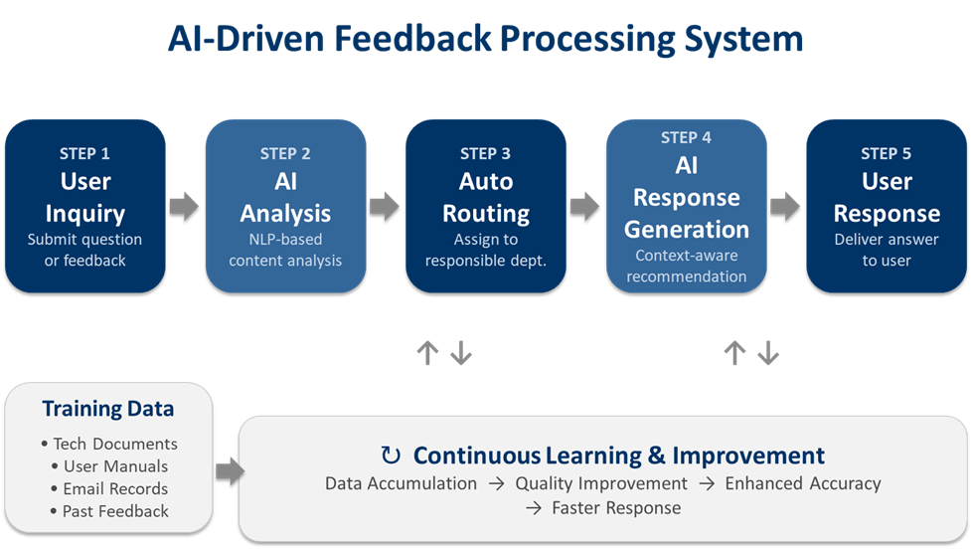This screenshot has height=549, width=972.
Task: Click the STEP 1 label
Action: pos(84,153)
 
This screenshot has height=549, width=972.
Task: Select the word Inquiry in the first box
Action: pos(84,213)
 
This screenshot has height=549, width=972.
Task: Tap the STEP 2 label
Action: pos(285,153)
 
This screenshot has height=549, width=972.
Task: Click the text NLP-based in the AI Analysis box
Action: pos(285,240)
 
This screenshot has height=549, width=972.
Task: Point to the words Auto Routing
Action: pos(486,197)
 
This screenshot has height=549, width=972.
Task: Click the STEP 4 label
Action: pos(686,137)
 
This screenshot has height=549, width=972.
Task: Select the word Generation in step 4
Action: pos(686,229)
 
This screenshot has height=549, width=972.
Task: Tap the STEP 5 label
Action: pos(887,153)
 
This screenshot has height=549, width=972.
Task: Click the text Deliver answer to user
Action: pos(887,250)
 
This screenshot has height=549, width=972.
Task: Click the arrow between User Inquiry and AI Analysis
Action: pos(184,206)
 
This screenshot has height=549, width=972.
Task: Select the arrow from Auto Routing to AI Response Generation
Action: pos(584,206)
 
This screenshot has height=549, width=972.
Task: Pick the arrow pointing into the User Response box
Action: pos(785,206)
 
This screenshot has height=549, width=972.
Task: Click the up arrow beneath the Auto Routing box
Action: pos(427,353)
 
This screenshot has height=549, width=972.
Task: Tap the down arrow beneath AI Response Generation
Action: pos(767,353)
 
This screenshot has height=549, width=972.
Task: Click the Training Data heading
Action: pos(108,409)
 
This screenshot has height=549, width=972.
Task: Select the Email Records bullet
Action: pos(108,488)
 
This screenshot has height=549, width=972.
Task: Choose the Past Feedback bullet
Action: pos(108,511)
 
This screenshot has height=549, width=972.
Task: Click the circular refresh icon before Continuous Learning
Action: pos(392,456)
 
